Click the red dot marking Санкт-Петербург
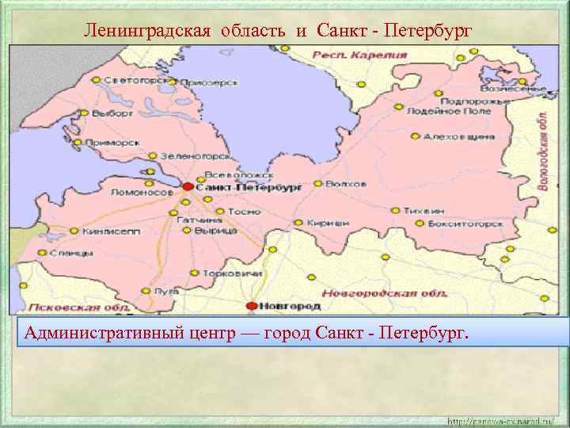[188, 187]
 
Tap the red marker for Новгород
[252, 305]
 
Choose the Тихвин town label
[424, 211]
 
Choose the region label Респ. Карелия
[359, 55]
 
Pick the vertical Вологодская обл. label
[544, 150]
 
